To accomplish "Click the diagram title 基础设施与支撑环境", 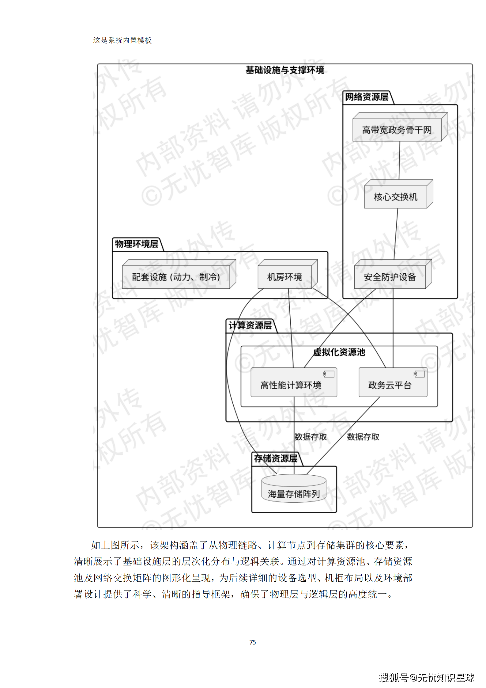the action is (x=284, y=70).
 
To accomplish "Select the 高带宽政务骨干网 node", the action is (x=397, y=130).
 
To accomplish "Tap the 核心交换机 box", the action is (x=396, y=197).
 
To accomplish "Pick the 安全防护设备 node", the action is (x=390, y=277).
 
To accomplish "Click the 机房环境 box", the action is (x=284, y=277).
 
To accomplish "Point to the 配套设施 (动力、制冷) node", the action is (x=176, y=277).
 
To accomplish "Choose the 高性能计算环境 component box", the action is (x=291, y=385).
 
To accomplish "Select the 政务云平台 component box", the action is (x=390, y=385).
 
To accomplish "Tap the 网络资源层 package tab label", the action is (x=367, y=97).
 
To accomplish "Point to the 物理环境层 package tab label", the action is (x=137, y=244).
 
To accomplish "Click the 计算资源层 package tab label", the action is (x=250, y=325).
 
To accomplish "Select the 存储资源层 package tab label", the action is (x=276, y=458).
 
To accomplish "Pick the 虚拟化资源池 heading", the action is (x=339, y=352).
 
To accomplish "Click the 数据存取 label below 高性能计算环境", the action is (x=311, y=437).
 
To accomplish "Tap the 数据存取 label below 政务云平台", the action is (x=363, y=437).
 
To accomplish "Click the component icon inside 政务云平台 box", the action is (x=419, y=374).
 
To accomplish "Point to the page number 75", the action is (x=252, y=642).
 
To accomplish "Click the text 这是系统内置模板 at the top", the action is (x=122, y=40).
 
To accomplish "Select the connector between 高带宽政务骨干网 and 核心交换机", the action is (x=399, y=160).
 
